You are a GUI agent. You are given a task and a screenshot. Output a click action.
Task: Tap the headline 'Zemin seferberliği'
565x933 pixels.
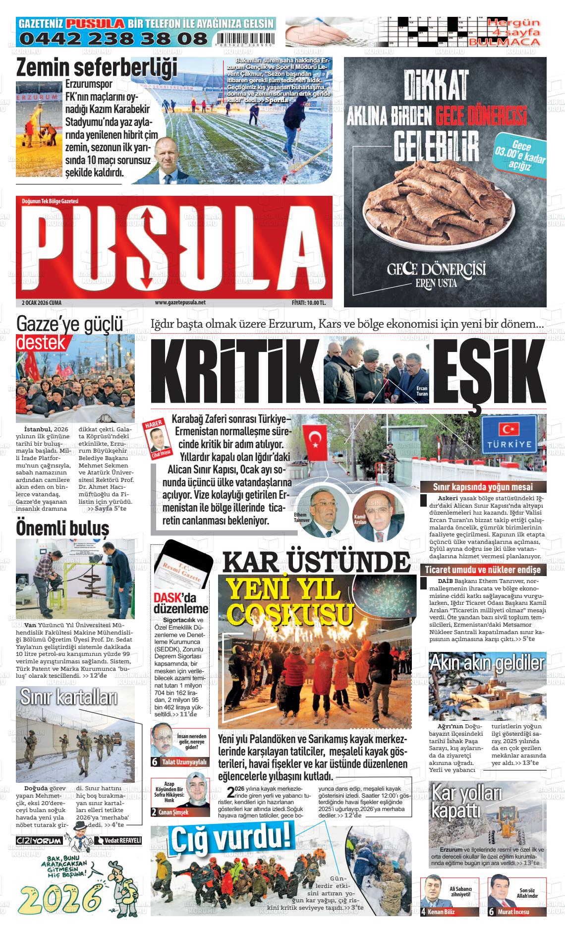click(97, 67)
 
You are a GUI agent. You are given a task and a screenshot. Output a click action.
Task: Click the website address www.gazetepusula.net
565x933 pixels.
click(180, 302)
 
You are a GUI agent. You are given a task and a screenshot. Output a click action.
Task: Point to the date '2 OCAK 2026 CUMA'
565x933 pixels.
click(42, 302)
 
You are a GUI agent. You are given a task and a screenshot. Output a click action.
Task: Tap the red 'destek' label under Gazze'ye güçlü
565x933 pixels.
click(42, 343)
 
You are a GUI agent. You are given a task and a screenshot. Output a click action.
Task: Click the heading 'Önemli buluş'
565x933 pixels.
click(62, 527)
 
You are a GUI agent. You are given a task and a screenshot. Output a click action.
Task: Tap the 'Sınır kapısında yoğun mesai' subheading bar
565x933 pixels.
click(483, 487)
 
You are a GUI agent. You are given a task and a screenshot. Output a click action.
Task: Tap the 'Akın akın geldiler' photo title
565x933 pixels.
click(487, 663)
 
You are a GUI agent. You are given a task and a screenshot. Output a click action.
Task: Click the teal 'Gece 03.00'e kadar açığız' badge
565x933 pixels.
click(520, 156)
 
